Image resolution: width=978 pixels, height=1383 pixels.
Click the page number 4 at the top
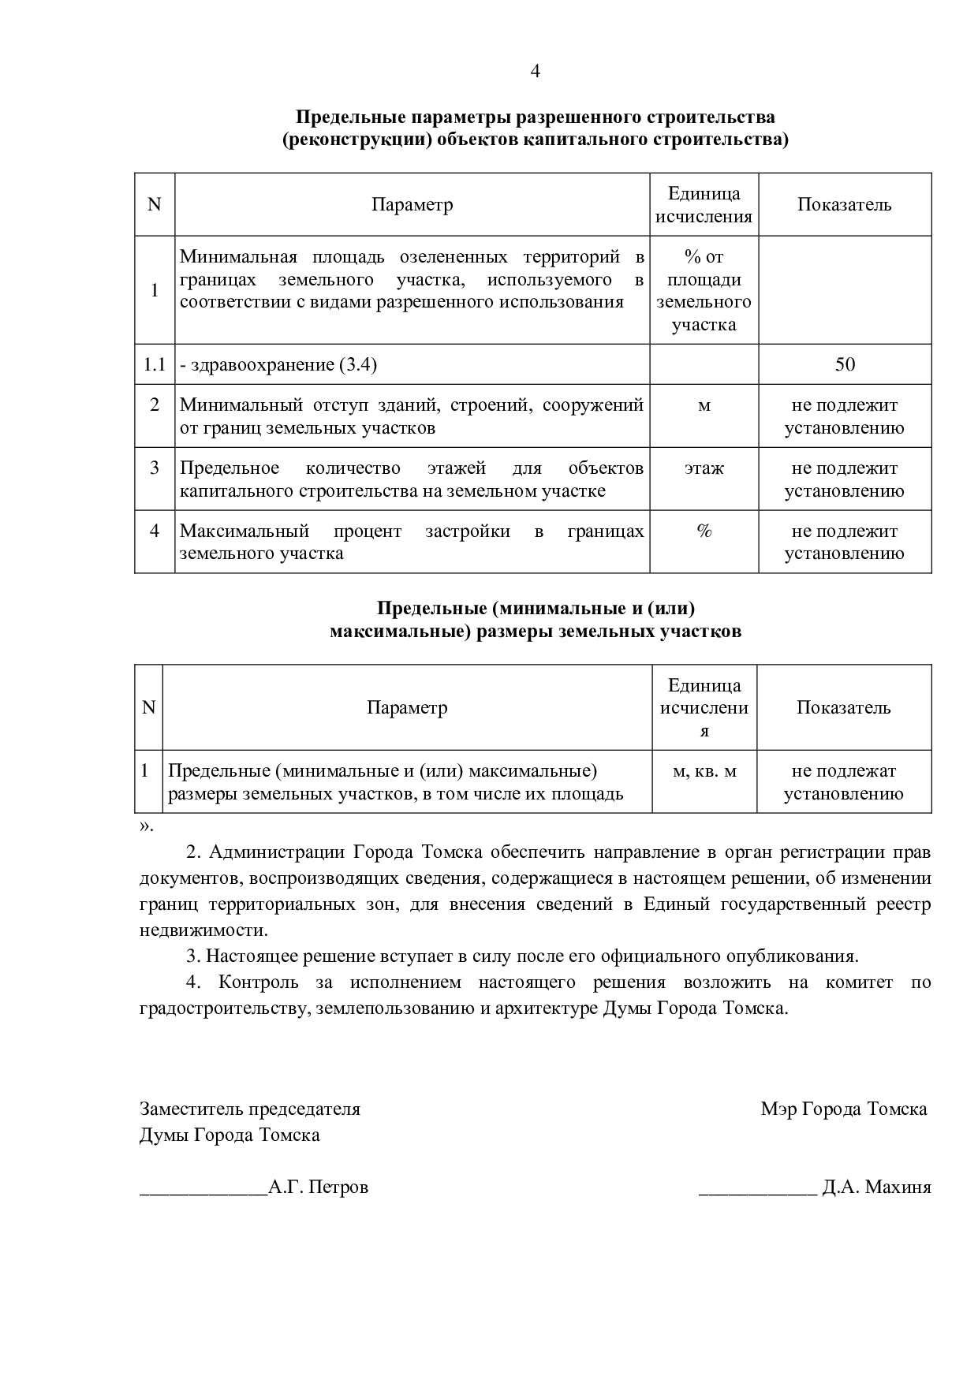[x=536, y=72]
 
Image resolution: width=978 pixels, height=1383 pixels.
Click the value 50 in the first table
[x=845, y=364]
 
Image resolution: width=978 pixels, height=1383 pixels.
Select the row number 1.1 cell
[x=155, y=364]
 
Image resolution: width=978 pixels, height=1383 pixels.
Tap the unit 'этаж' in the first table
[x=704, y=468]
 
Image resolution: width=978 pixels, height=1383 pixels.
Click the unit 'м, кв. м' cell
[x=704, y=771]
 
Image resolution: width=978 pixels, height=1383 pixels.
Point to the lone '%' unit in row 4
[x=704, y=531]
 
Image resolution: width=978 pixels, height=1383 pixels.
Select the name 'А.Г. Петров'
[x=319, y=1187]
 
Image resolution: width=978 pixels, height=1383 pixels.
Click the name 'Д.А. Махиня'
[x=876, y=1187]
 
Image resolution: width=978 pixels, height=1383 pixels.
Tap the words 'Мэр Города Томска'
[x=843, y=1109]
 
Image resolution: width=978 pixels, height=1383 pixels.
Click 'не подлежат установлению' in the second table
[x=844, y=782]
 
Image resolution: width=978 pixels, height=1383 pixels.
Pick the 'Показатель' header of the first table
[x=844, y=205]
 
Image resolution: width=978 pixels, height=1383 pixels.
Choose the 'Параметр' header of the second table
[x=407, y=707]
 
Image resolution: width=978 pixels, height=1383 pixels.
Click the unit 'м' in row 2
[x=704, y=406]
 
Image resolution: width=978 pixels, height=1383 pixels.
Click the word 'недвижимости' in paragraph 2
[x=203, y=930]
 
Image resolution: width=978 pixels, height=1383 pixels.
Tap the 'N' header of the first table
[x=155, y=205]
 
